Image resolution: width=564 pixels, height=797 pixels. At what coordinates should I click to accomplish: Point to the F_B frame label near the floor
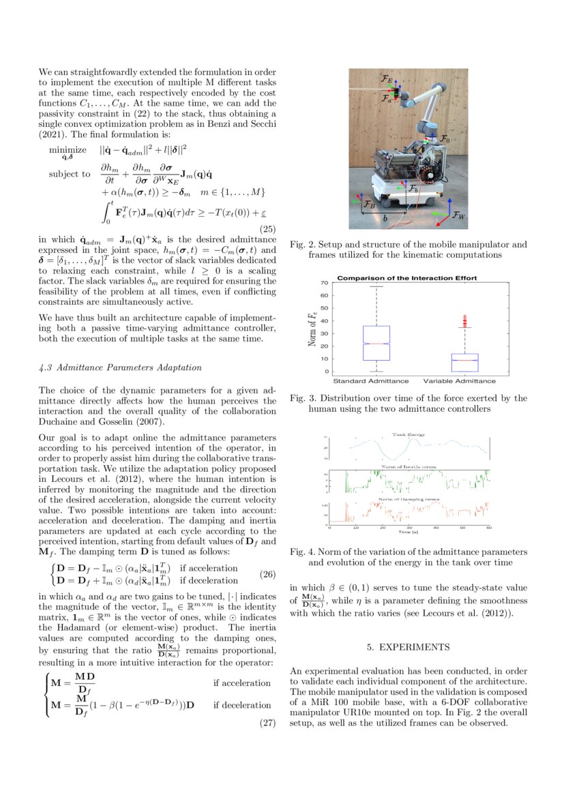tap(369, 204)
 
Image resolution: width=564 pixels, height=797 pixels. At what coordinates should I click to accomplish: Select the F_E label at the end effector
tap(387, 80)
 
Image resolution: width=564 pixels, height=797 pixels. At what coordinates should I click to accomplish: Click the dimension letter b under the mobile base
tap(386, 219)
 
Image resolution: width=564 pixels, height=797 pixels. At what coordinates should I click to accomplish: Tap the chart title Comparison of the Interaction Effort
tap(407, 278)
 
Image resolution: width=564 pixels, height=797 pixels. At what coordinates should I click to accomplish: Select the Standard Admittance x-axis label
tap(370, 380)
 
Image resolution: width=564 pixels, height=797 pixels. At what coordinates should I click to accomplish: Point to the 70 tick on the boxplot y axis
tap(325, 282)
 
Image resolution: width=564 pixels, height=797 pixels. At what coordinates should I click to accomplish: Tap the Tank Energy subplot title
tap(407, 434)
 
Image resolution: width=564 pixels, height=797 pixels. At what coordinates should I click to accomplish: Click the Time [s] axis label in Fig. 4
tap(409, 532)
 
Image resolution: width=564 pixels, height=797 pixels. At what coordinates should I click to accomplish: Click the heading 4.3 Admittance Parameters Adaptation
tap(120, 367)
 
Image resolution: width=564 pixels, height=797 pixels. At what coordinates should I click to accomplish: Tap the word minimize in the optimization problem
tap(68, 150)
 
